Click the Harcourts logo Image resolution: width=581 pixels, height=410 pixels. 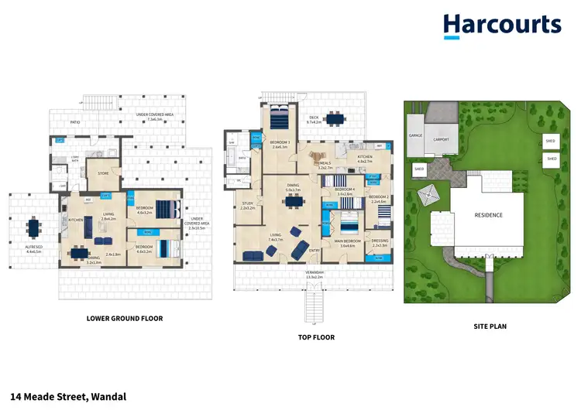click(x=502, y=26)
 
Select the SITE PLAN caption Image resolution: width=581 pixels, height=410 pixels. click(x=490, y=326)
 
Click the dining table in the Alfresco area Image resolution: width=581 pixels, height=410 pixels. click(x=33, y=228)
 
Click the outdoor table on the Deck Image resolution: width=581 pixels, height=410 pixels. click(x=335, y=119)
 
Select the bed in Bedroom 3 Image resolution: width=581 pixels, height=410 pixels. click(x=280, y=118)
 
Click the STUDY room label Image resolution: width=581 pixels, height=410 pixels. click(x=248, y=205)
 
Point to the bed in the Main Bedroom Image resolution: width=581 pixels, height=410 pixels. click(x=349, y=227)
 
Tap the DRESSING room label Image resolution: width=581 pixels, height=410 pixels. click(x=380, y=241)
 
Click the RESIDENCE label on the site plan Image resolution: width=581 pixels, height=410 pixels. click(x=489, y=215)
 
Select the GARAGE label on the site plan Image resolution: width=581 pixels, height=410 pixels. click(x=414, y=135)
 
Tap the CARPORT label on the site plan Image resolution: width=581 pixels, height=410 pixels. click(x=442, y=139)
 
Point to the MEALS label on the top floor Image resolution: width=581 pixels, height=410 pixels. click(x=326, y=163)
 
